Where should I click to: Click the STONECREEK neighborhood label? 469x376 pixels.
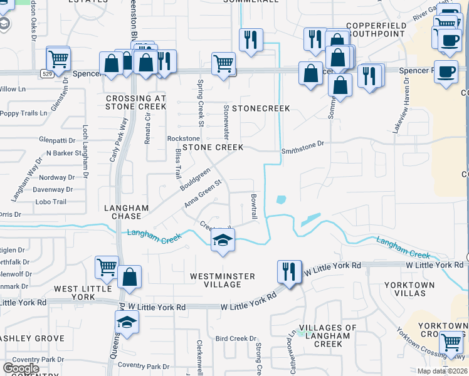pos(261,108)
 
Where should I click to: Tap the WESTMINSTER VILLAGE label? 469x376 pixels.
pos(223,280)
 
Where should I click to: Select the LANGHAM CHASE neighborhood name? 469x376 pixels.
pos(127,212)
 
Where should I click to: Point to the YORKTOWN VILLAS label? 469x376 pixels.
pos(410,289)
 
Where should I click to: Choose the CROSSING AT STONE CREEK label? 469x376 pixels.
pos(136,102)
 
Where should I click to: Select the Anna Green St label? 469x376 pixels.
pos(203,194)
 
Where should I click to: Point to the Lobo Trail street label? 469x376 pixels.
pos(51,202)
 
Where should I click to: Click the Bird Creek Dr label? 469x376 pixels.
pos(232,338)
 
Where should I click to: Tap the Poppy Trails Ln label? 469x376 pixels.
pos(23,113)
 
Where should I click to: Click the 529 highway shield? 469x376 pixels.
pos(47,73)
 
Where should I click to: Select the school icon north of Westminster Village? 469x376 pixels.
pos(223,240)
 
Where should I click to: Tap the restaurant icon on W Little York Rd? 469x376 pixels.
pos(289,271)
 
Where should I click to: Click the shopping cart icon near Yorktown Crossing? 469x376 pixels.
pos(451,342)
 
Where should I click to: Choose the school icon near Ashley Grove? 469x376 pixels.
pos(127,323)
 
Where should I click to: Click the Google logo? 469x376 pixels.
pos(21,368)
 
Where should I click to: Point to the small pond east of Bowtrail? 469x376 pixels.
pos(280,200)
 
